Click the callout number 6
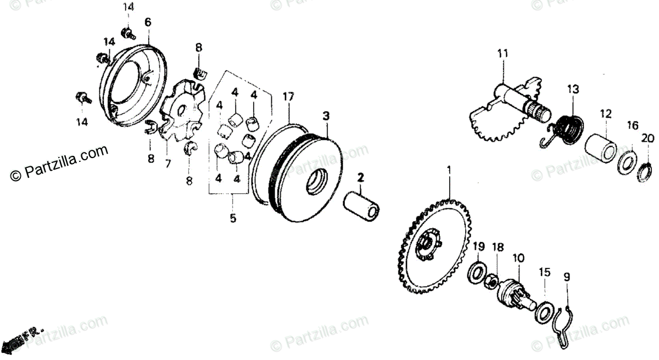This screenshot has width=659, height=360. click(147, 22)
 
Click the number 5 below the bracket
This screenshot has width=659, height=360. click(233, 218)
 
